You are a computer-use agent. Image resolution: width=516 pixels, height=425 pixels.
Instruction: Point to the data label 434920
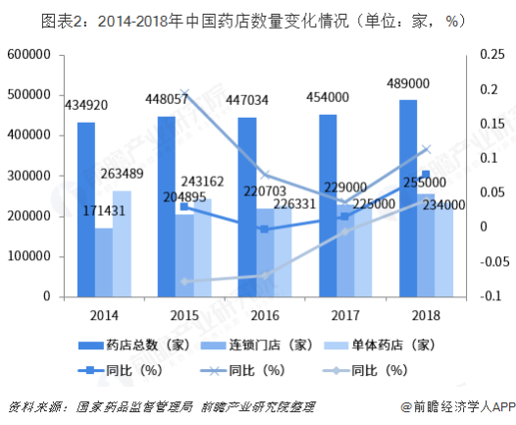(x=88, y=104)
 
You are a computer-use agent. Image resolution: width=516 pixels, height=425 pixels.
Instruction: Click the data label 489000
(x=407, y=82)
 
